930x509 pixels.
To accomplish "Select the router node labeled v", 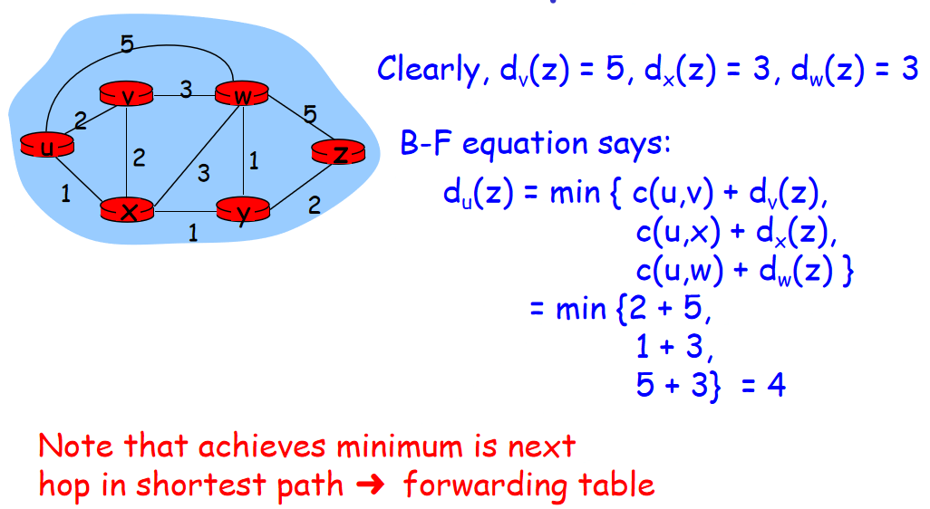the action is [x=126, y=93].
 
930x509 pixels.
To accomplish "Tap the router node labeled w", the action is [x=240, y=94].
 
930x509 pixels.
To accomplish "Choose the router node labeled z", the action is [x=337, y=154].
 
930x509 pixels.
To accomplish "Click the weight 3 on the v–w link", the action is [x=185, y=90].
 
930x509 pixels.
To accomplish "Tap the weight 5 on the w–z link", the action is [x=310, y=115].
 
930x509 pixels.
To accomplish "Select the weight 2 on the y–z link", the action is [x=315, y=206].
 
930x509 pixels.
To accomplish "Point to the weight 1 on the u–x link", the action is [x=65, y=193].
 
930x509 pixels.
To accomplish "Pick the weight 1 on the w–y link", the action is [x=254, y=161].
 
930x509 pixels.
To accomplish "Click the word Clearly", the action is [x=430, y=70].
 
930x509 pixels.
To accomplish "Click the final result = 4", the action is [x=763, y=386].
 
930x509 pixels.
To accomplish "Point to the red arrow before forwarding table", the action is [x=373, y=485].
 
